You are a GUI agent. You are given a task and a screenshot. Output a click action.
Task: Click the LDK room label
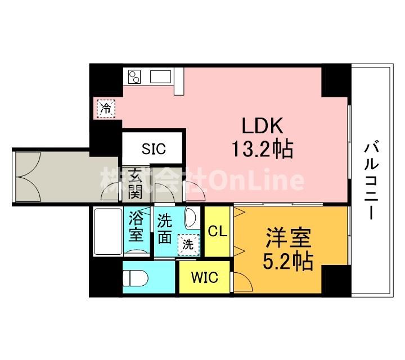262,126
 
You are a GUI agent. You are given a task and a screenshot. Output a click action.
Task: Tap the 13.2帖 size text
263,149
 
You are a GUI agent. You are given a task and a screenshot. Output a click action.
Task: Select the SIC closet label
154,148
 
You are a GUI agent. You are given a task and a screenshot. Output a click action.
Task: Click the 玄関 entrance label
136,183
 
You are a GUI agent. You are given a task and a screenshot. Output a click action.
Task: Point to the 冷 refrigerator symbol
106,109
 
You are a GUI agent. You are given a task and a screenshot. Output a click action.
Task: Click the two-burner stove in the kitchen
134,77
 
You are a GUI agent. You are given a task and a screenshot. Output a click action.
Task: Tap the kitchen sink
160,76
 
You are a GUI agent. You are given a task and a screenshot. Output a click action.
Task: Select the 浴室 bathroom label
136,227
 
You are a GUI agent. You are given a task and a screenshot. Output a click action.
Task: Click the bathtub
108,232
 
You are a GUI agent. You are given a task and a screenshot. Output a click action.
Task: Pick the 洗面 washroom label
164,229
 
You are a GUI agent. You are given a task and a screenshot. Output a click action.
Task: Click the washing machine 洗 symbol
188,245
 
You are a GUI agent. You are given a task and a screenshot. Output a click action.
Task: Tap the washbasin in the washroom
191,218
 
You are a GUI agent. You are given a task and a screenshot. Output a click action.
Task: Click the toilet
136,278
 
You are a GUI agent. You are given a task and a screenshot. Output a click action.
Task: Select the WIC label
205,277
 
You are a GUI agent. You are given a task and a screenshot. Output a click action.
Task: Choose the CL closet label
218,231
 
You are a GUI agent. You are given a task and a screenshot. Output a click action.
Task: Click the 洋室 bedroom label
288,237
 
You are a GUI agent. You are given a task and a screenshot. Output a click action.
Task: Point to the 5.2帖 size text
288,261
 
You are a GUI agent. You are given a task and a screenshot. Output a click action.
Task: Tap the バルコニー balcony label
371,180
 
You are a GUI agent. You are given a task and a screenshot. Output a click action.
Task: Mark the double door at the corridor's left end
28,177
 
